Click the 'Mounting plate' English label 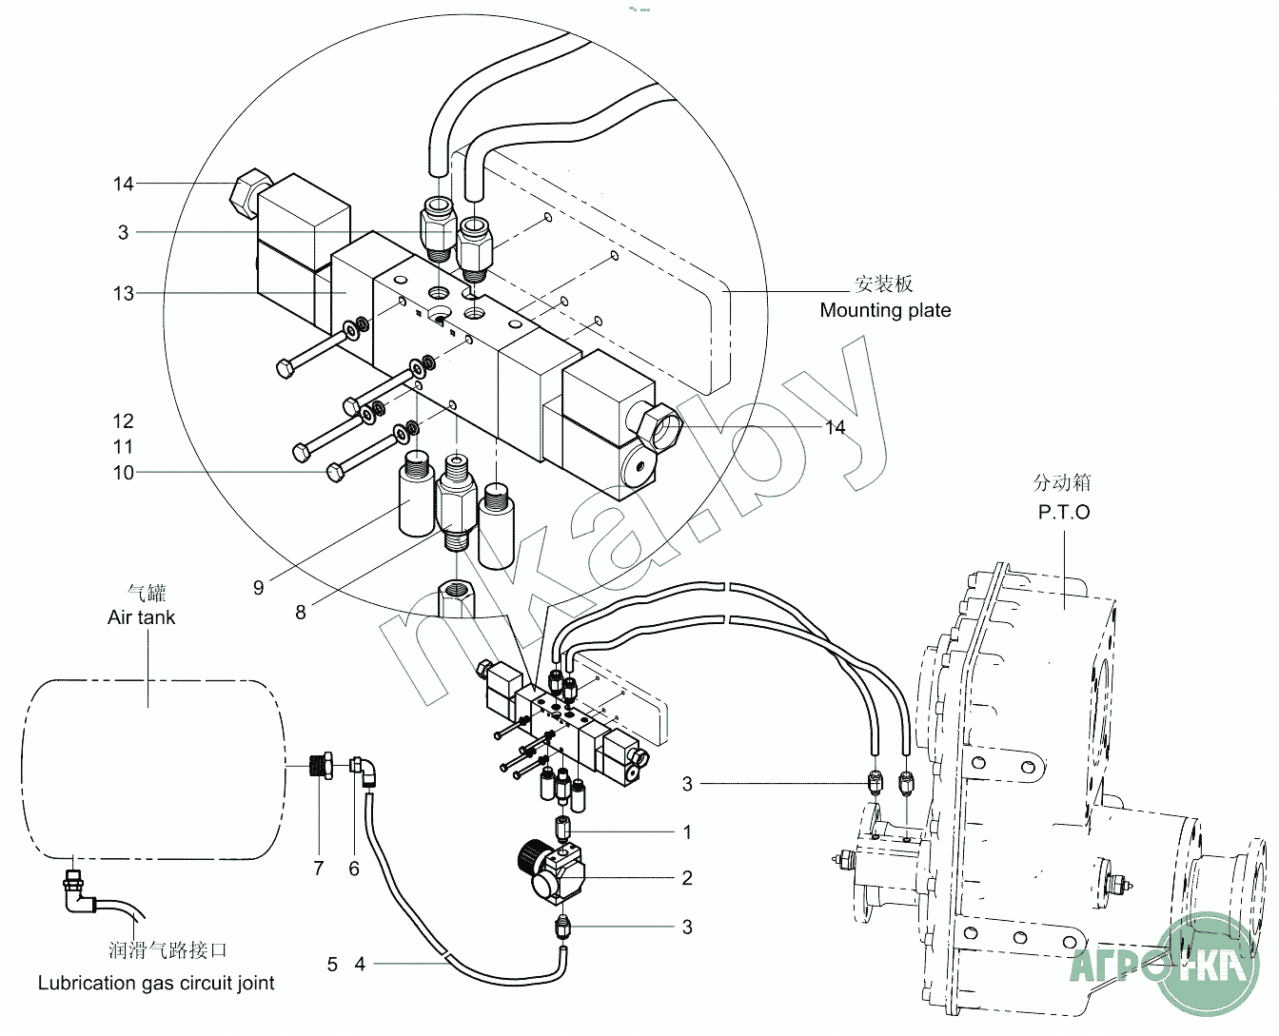(x=885, y=310)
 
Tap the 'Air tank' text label (x=141, y=617)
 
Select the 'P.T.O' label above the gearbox (x=1064, y=512)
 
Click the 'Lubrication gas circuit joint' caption (x=156, y=983)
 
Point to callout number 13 (x=124, y=294)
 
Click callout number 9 (x=258, y=588)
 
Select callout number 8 (x=300, y=613)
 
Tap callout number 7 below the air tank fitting (x=318, y=868)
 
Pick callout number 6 (x=354, y=868)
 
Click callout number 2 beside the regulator (x=687, y=877)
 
